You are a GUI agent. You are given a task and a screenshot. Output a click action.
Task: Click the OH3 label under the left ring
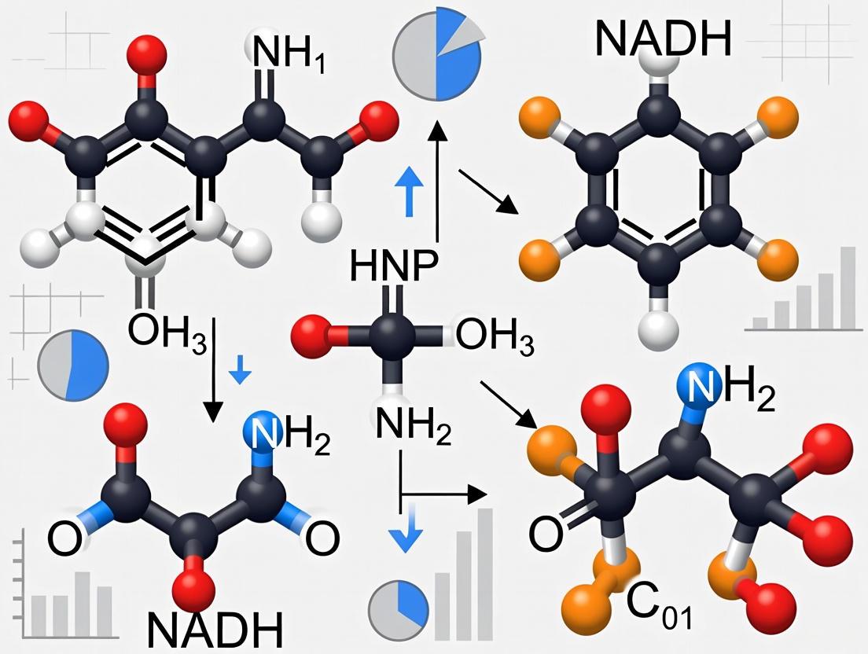[x=167, y=330]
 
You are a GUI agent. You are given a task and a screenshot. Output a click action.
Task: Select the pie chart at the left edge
[x=73, y=366]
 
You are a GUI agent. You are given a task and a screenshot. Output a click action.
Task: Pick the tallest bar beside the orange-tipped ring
[x=848, y=287]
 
